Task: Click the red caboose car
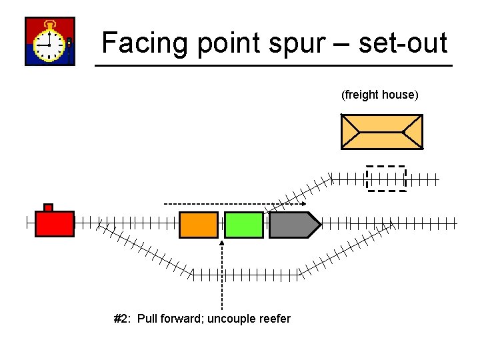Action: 54,223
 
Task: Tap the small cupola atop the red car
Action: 48,207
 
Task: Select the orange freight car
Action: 199,225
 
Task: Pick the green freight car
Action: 244,225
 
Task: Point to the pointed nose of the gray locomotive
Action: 318,225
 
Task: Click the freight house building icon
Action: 381,131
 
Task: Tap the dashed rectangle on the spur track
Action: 387,178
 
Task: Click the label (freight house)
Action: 380,95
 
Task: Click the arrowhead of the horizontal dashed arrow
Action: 303,203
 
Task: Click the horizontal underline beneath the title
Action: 273,65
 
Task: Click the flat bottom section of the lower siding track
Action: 245,273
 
